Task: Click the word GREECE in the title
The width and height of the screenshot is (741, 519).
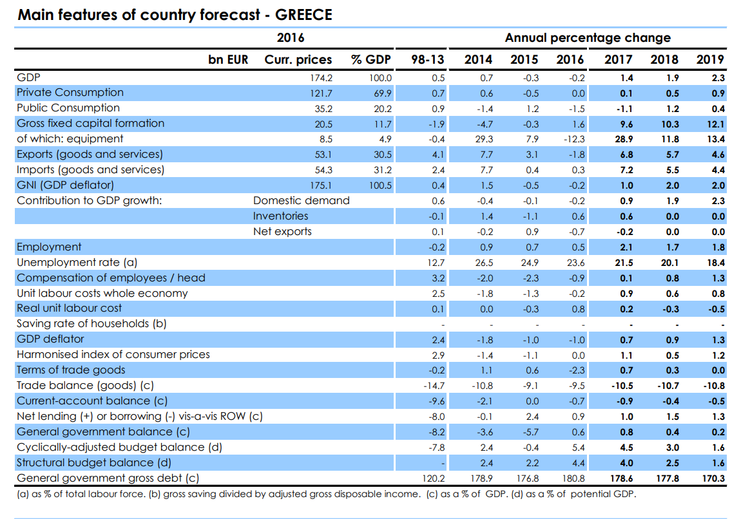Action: [303, 15]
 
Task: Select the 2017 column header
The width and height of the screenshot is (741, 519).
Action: [618, 59]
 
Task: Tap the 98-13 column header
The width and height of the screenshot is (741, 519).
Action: [428, 59]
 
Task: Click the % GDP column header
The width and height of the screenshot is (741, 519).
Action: [371, 59]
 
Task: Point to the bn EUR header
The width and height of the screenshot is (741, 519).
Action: [228, 59]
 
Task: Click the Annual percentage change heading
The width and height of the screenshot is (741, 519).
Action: [588, 38]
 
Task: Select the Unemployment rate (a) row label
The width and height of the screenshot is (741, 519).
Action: [77, 263]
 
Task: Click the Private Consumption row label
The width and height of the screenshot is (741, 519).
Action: [70, 93]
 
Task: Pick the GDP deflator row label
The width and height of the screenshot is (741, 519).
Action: [50, 339]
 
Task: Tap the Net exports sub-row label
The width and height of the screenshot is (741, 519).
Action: [282, 231]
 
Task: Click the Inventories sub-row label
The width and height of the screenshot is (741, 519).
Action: [280, 216]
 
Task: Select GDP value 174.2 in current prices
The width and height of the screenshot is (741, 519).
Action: [321, 78]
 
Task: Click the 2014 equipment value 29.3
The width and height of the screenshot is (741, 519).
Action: [484, 139]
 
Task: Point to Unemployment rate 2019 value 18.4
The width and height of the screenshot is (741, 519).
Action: [716, 263]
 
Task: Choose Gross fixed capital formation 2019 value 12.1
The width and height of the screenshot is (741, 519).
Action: [716, 124]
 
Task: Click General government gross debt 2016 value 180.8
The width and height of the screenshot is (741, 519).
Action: [573, 478]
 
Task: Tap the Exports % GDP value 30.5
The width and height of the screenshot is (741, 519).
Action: [383, 155]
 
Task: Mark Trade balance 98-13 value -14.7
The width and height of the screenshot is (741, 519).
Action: [434, 386]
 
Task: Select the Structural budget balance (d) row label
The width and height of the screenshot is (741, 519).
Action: [94, 463]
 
